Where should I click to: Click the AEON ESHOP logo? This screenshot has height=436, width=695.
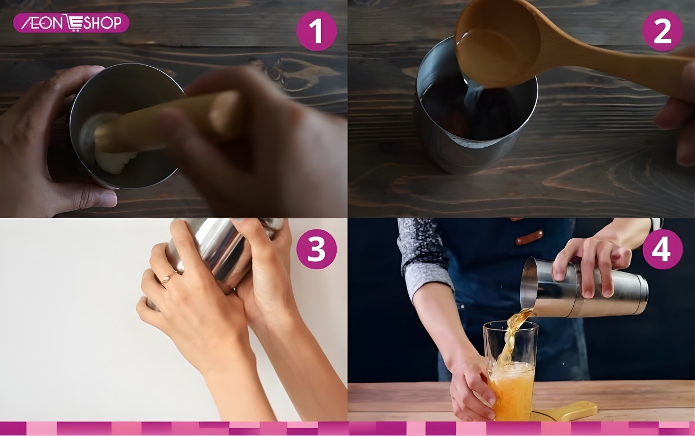[x=71, y=23]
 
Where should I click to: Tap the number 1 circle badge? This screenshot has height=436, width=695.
[x=317, y=31]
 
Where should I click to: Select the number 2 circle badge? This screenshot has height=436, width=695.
[x=662, y=31]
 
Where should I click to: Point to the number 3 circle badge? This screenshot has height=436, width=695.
[x=317, y=249]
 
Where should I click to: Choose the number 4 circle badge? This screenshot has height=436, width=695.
[x=662, y=249]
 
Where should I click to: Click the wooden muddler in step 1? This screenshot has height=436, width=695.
[x=161, y=124]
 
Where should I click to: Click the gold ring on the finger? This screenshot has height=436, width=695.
[x=167, y=278]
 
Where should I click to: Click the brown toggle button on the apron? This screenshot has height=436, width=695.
[x=529, y=237]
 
